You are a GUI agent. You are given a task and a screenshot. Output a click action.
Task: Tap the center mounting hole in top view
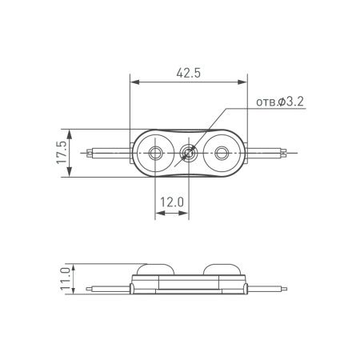(189, 152)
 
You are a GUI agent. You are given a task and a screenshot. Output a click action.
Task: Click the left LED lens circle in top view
(156, 152)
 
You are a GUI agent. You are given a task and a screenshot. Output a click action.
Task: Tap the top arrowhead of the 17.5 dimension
(71, 132)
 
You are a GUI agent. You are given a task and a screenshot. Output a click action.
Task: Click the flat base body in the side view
(189, 282)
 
